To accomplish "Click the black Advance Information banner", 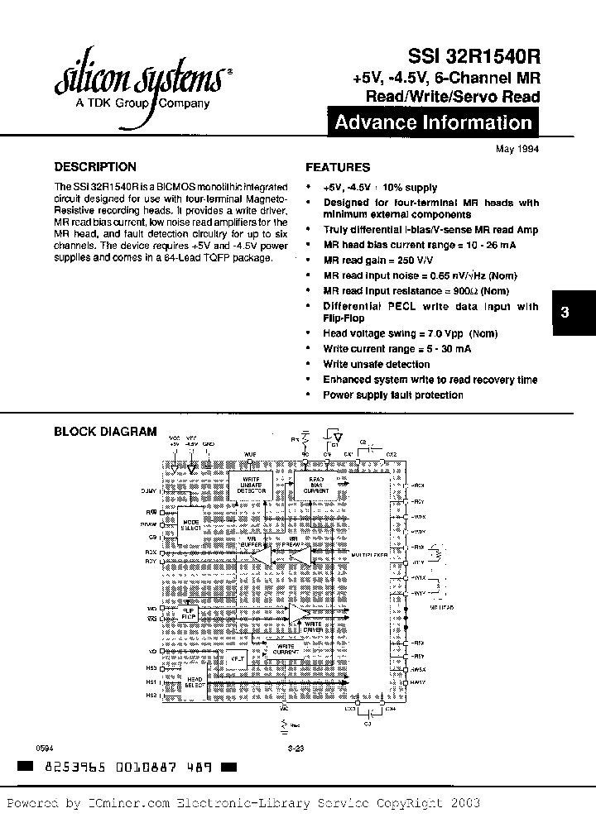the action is point(433,123).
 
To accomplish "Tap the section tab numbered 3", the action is point(565,312).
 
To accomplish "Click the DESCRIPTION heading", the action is point(95,166).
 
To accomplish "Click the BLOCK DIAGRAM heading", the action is point(105,431).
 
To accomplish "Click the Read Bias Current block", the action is point(317,485).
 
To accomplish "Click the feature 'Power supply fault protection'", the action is point(392,395).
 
